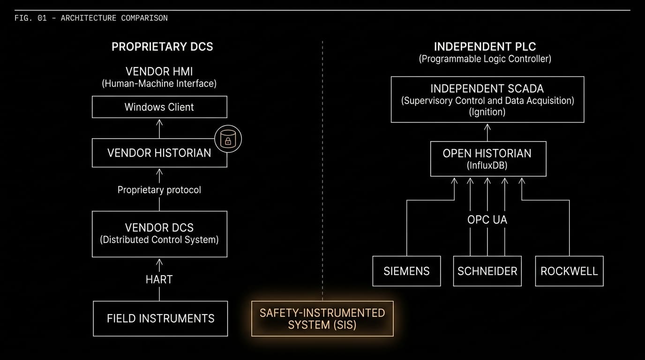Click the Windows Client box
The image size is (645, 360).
tap(159, 107)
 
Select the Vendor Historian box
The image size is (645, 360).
tap(159, 153)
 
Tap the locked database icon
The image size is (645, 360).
tap(228, 139)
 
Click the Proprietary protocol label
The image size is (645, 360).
tap(159, 190)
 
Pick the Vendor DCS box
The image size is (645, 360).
tap(159, 234)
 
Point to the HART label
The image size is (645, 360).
tap(159, 279)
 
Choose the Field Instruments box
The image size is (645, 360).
tap(160, 319)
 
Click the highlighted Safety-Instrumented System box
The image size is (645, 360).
tap(322, 319)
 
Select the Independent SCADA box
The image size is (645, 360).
tap(487, 99)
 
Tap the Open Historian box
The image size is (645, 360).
tap(488, 159)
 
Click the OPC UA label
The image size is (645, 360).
tap(487, 220)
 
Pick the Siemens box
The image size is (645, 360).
tap(406, 271)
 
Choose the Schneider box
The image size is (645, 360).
tap(487, 271)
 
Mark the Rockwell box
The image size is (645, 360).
tap(569, 271)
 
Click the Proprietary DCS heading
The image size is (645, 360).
tap(162, 47)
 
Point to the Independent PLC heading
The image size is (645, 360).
tap(485, 47)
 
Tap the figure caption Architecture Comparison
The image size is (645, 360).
tap(114, 18)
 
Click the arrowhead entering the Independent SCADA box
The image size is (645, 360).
tap(487, 127)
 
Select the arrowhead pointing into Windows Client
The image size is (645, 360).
tap(159, 122)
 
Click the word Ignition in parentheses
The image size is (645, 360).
tap(487, 112)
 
